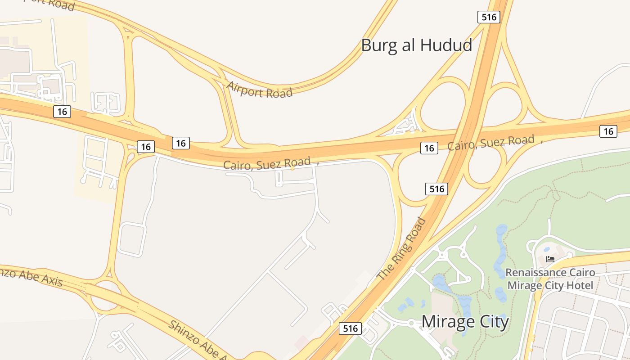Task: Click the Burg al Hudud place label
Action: coord(416,45)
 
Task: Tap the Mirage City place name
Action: coord(465,322)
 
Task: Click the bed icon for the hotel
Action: coord(550,259)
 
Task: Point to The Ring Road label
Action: coord(401,249)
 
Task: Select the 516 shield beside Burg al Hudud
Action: coord(489,17)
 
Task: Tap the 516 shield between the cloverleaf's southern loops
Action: coord(436,189)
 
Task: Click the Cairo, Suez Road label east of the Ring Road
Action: coord(490,143)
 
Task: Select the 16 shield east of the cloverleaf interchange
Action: coord(608,131)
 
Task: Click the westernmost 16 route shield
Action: coord(62,112)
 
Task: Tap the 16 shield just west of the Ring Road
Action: coord(429,148)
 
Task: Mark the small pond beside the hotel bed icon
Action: coord(546,249)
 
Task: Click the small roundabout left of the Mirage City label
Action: coord(411,323)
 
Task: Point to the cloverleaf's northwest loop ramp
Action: coord(445,97)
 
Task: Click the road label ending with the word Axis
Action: coord(31,276)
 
